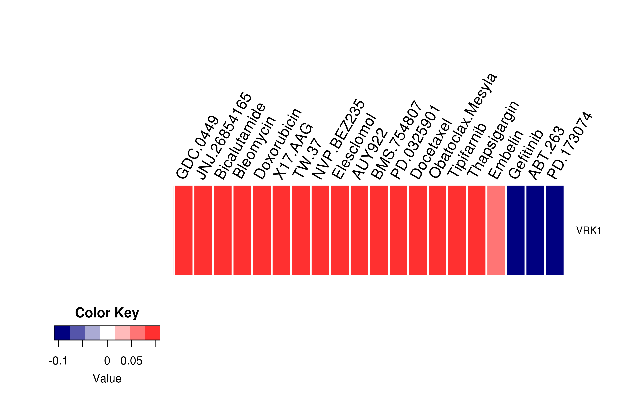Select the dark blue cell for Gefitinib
(x=515, y=230)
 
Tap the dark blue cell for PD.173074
(x=555, y=230)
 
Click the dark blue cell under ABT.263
(x=535, y=230)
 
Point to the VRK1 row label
(x=588, y=230)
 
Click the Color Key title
(x=107, y=313)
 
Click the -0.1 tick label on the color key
(x=58, y=361)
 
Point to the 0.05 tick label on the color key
(x=131, y=361)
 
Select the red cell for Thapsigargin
(x=476, y=230)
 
